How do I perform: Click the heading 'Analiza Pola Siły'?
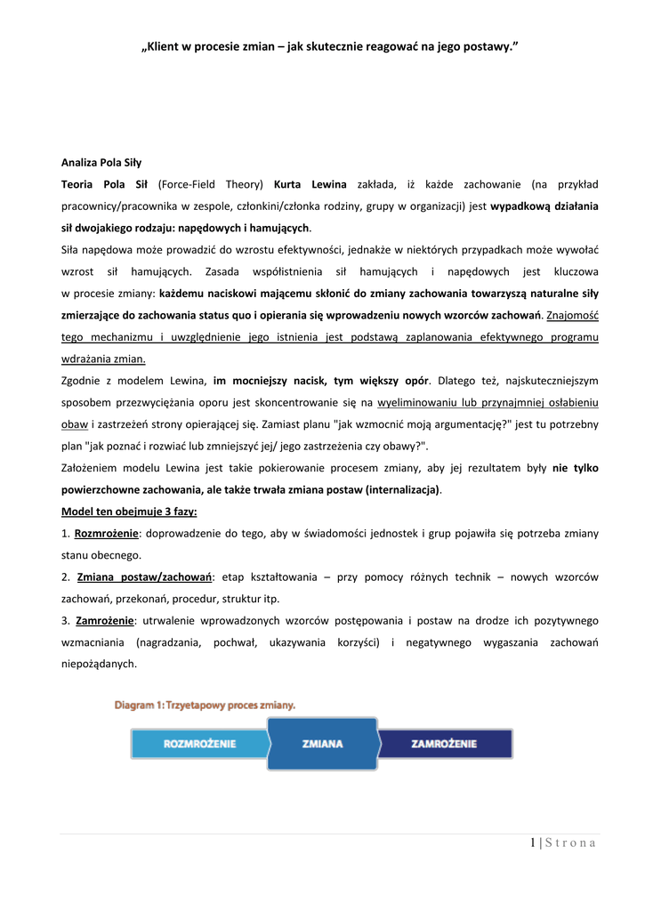101,163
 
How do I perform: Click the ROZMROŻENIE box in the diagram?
199,744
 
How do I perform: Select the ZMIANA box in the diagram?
322,744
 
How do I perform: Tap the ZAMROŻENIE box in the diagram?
444,744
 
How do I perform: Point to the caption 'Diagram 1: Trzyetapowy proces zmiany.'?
205,705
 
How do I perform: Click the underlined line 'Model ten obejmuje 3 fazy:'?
129,512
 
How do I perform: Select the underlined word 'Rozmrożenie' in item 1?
106,533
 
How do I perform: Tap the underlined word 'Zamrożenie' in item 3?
103,620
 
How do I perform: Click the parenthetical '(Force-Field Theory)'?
211,184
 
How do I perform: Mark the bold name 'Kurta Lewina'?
310,184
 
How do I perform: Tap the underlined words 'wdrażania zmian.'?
103,359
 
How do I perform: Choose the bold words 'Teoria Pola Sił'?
105,184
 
